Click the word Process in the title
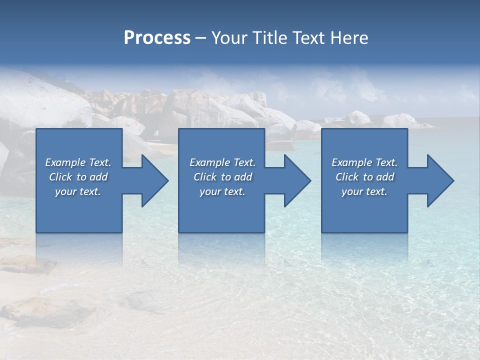(x=157, y=38)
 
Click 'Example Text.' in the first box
(x=78, y=162)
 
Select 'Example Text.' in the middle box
(x=222, y=162)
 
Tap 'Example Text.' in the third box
(x=364, y=162)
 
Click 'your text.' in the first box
(x=78, y=191)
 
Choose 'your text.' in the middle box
(x=222, y=191)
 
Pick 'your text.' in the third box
(x=364, y=191)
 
